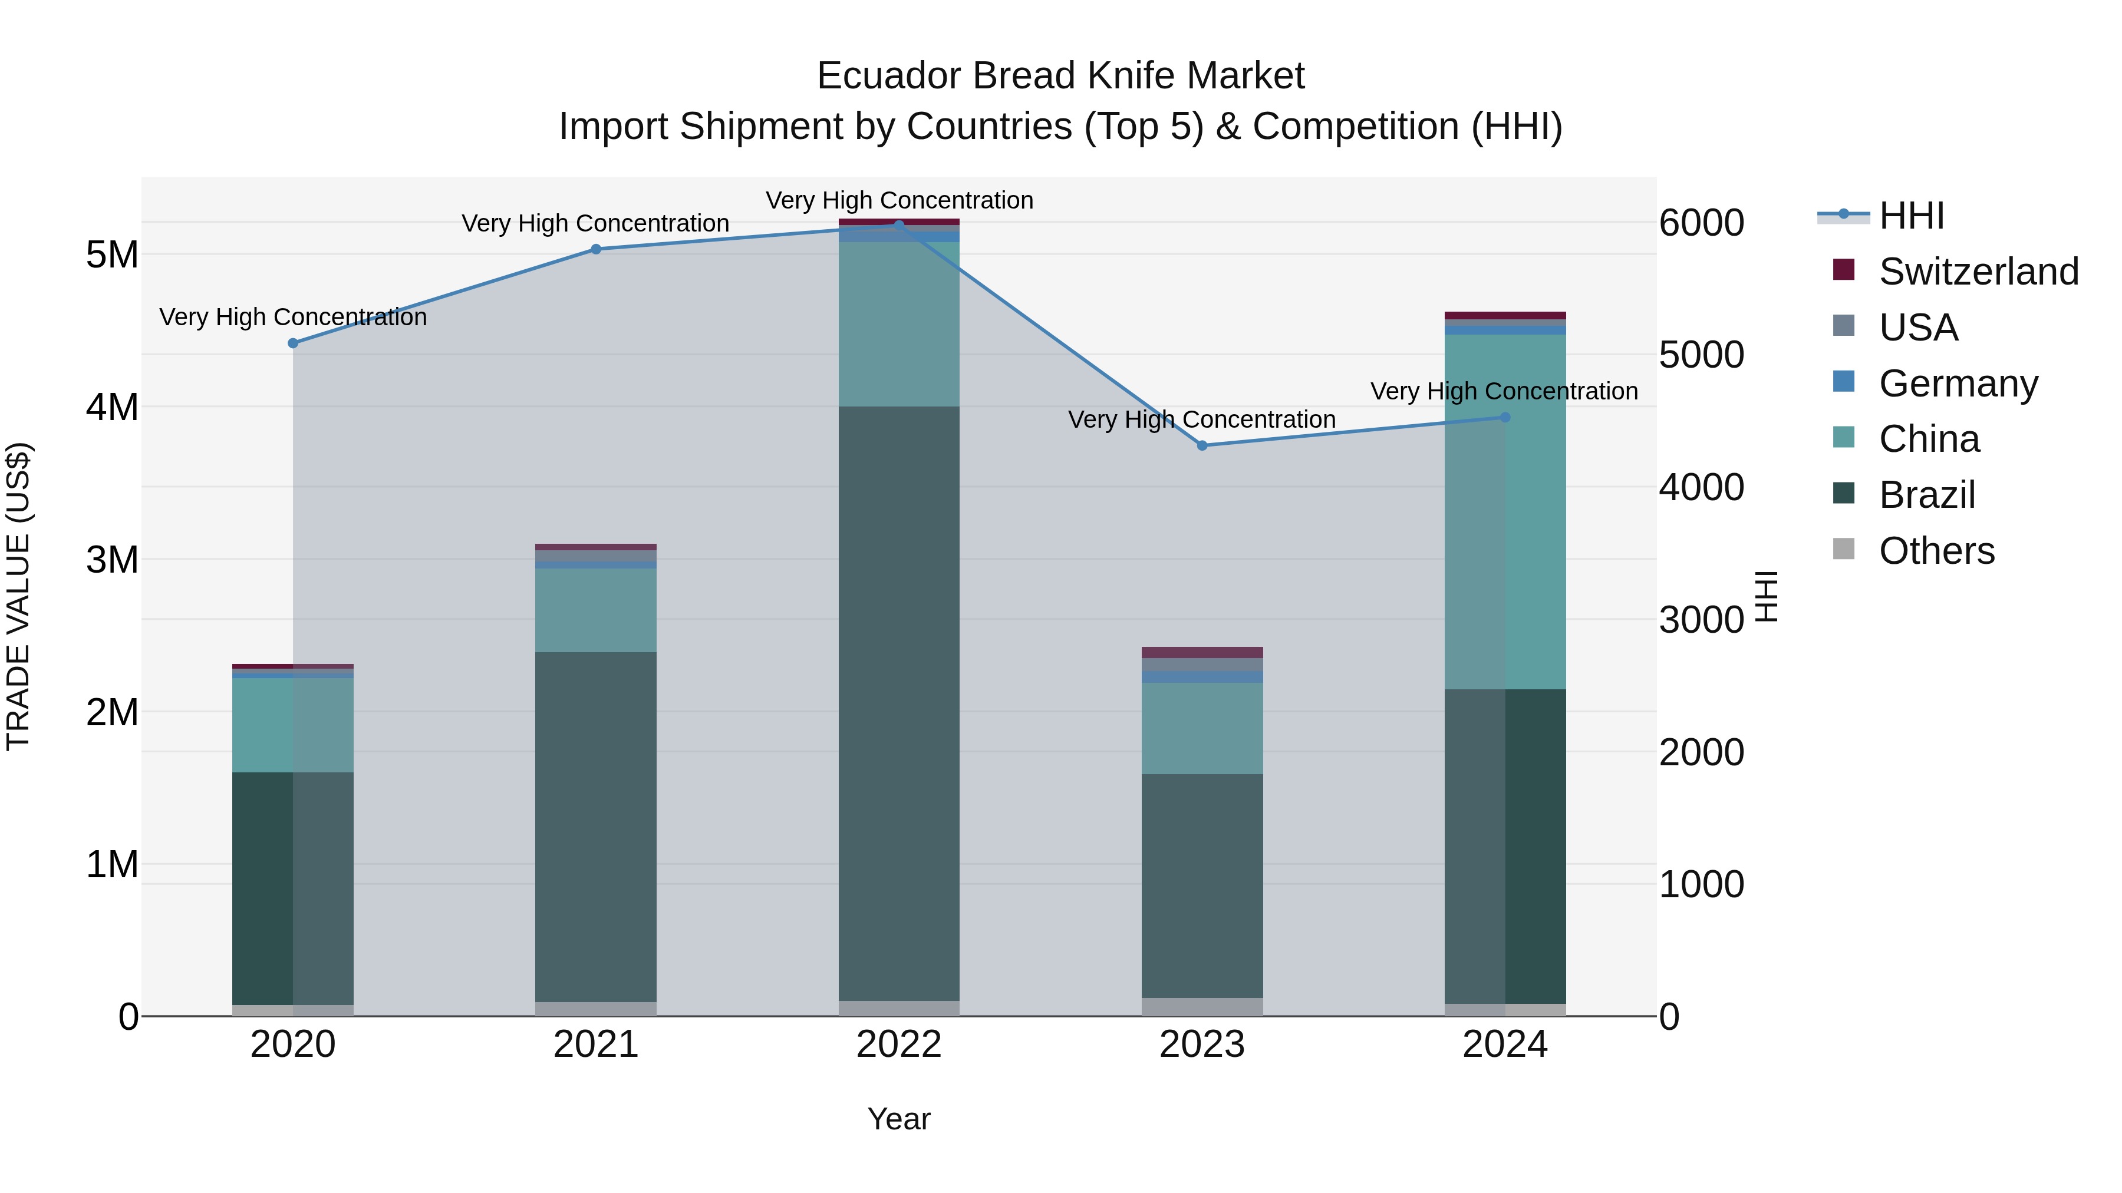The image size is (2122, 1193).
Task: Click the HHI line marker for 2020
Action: click(294, 343)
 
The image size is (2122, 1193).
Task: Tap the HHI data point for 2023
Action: click(1202, 445)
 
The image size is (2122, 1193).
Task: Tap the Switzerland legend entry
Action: click(1978, 272)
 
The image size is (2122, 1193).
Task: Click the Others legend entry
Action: click(1936, 551)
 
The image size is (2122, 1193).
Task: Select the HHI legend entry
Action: click(1911, 216)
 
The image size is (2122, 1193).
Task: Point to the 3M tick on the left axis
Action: click(112, 560)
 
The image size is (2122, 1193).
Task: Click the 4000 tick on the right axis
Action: click(1701, 487)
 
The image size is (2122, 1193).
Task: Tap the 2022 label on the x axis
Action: click(899, 1045)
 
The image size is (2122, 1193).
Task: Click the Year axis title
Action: click(899, 1119)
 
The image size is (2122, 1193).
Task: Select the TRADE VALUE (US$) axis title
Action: click(18, 596)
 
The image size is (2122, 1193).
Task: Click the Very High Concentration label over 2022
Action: click(899, 201)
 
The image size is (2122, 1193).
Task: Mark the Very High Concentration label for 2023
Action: click(1202, 420)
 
